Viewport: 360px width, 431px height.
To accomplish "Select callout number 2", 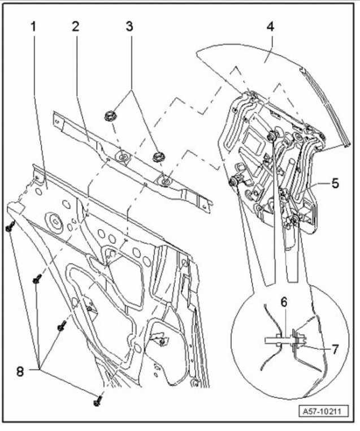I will [x=75, y=27].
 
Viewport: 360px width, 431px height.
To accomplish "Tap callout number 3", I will [x=131, y=27].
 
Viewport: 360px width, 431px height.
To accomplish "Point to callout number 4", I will [x=271, y=27].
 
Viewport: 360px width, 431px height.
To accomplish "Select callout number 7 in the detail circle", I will [x=335, y=349].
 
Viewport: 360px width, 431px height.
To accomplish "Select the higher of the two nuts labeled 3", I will [x=110, y=117].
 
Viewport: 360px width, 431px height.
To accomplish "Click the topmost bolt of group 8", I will [x=10, y=227].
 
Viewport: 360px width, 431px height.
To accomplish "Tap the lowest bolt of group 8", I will [x=97, y=400].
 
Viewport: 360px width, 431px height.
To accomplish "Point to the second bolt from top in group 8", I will [x=37, y=279].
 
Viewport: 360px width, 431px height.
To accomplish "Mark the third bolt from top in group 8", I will [x=62, y=325].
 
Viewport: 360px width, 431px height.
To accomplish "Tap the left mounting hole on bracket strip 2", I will [x=122, y=155].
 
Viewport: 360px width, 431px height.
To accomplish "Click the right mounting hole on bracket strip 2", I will [x=164, y=181].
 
